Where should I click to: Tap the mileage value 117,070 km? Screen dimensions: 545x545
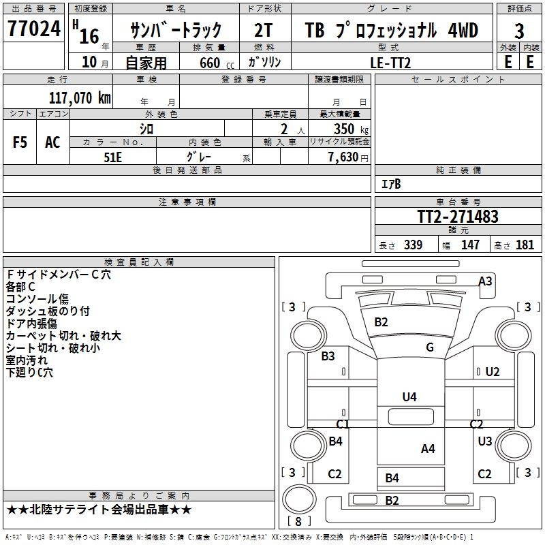pos(80,97)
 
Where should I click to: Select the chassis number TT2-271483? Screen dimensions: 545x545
pos(458,217)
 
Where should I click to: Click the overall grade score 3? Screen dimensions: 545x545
pos(519,31)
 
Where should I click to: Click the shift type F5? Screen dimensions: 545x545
pos(20,142)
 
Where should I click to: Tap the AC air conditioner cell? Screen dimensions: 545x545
pos(52,142)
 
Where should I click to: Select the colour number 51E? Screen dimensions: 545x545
pos(112,156)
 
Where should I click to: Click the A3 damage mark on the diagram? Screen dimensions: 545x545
pos(485,281)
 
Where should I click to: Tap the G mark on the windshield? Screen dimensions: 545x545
pos(430,347)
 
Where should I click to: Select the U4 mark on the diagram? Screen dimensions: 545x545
pos(409,397)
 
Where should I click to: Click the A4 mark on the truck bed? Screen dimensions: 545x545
pos(428,448)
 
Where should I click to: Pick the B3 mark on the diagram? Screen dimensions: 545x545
pos(328,356)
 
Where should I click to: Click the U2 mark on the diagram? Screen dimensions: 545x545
pos(493,372)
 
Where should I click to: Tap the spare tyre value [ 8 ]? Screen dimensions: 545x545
pos(298,521)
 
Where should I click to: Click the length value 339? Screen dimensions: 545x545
pos(413,245)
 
